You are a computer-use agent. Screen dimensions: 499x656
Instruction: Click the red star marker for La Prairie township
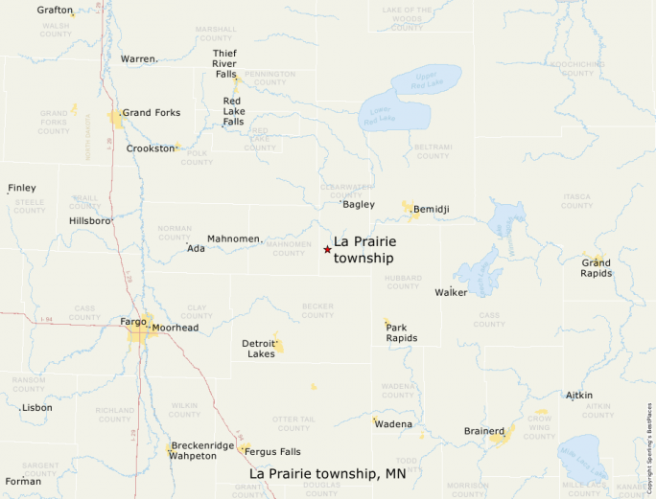[x=327, y=249]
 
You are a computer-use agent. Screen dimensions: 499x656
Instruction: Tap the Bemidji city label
[x=432, y=209]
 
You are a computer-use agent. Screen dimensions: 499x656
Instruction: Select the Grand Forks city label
[x=151, y=113]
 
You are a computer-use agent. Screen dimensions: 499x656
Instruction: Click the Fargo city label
[x=133, y=322]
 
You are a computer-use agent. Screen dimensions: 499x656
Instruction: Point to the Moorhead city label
[x=176, y=328]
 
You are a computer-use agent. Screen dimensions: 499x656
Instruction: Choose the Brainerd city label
[x=483, y=432]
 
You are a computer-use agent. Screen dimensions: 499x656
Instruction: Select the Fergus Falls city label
[x=272, y=452]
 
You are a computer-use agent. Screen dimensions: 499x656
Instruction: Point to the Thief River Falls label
[x=224, y=63]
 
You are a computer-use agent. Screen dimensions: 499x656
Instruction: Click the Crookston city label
[x=151, y=148]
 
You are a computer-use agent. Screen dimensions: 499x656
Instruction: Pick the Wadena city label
[x=393, y=424]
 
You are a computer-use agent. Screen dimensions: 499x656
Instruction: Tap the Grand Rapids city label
[x=596, y=267]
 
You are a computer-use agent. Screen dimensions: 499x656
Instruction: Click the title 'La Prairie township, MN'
[x=328, y=474]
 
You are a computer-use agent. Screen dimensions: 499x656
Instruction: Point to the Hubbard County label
[x=403, y=282]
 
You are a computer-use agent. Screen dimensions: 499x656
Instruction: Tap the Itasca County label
[x=576, y=200]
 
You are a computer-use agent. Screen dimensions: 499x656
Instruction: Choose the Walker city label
[x=451, y=292]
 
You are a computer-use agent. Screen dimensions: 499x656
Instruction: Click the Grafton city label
[x=55, y=10]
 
